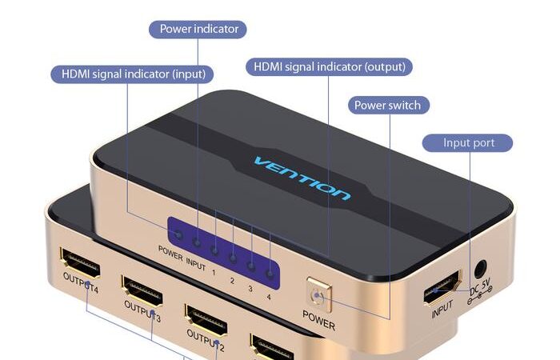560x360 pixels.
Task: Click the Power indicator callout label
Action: point(198,30)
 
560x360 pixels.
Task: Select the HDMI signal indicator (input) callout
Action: point(132,74)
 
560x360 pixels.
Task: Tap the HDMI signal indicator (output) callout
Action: point(330,66)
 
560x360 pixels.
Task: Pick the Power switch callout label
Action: point(389,105)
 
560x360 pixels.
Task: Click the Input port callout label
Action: point(467,143)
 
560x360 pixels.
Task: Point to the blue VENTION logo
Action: point(302,178)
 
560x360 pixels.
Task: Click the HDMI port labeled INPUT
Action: point(442,287)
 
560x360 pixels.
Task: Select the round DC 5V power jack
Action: point(480,269)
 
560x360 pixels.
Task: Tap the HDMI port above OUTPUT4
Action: point(80,263)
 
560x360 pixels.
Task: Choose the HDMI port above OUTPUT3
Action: point(142,290)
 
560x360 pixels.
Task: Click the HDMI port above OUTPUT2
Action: point(206,320)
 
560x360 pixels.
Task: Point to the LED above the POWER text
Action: point(179,235)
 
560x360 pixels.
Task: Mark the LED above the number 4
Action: point(270,274)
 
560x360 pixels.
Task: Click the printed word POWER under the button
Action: point(318,320)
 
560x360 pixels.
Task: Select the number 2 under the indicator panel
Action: point(232,281)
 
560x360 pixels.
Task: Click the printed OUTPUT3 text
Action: point(142,310)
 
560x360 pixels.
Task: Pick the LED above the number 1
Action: point(214,250)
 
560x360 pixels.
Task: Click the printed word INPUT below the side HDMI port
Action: point(442,309)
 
